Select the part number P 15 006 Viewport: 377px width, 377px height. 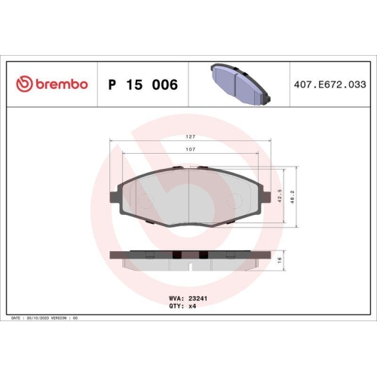[143, 84]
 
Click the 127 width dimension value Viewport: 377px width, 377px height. [191, 136]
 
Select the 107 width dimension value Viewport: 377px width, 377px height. [191, 149]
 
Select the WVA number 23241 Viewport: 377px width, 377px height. [198, 298]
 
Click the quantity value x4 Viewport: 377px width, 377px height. [193, 306]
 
